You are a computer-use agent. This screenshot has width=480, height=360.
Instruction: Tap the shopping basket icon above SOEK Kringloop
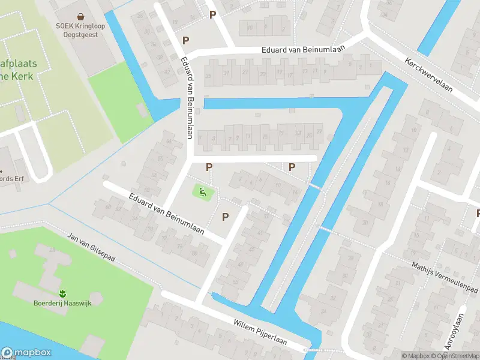80,17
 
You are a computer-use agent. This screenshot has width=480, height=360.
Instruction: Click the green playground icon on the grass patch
203,192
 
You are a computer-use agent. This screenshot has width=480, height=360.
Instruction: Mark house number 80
194,253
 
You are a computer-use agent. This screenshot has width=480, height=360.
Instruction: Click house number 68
108,207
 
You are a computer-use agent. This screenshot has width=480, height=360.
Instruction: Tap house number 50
160,158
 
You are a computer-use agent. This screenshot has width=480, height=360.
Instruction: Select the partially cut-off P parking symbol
478,213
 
